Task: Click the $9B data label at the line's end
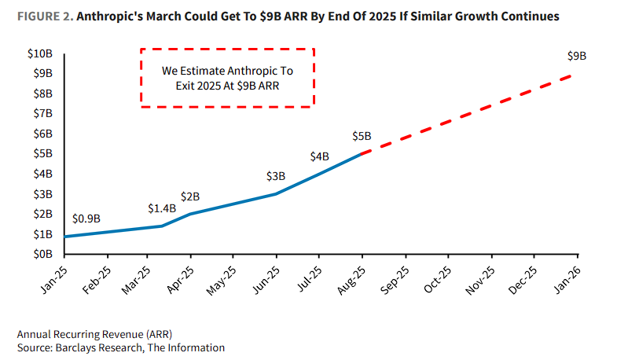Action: point(577,56)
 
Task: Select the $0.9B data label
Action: point(86,219)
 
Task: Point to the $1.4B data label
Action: point(161,208)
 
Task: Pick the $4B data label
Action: point(319,156)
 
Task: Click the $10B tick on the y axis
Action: point(39,53)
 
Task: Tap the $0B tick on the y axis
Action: point(42,255)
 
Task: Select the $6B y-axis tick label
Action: point(42,134)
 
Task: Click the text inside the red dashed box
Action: point(227,77)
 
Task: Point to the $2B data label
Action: point(189,196)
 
